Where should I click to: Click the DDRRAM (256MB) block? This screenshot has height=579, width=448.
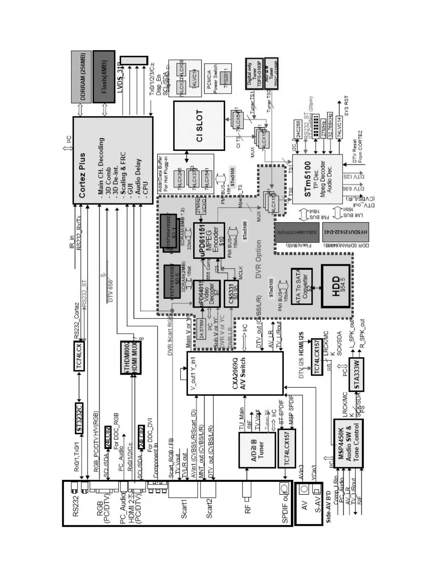[x=81, y=77]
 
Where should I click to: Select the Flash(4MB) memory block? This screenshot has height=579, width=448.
[x=104, y=77]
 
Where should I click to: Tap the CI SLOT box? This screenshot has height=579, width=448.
[x=199, y=125]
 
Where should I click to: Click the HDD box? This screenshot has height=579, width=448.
[x=337, y=286]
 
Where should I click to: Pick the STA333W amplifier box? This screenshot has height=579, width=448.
[x=356, y=374]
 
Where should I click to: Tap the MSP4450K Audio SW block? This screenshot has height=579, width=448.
[x=348, y=443]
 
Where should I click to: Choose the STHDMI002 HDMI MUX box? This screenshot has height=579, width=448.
[x=131, y=357]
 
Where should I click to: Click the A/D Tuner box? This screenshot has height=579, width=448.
[x=257, y=450]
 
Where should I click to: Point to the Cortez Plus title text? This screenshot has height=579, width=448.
[x=82, y=175]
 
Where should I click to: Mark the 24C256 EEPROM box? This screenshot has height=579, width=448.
[x=298, y=129]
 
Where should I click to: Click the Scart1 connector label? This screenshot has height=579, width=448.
[x=184, y=510]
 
